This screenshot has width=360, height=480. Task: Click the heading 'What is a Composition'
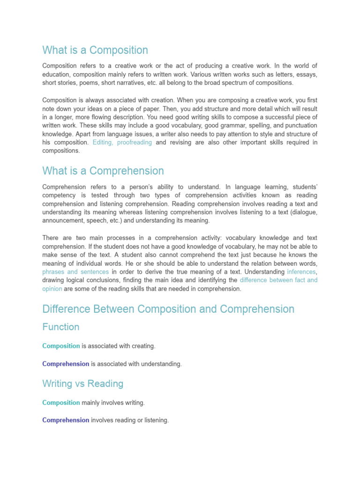click(95, 50)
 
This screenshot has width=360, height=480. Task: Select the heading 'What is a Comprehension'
click(103, 171)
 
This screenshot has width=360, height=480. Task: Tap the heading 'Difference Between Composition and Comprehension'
click(168, 309)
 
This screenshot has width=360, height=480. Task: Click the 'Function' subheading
click(60, 327)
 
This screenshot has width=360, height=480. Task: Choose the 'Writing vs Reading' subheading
click(82, 383)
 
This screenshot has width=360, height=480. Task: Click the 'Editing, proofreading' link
click(122, 142)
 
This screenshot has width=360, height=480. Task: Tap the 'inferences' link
click(302, 271)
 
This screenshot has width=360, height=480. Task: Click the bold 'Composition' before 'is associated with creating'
click(61, 346)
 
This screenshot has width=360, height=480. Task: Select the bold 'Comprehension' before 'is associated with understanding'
click(66, 364)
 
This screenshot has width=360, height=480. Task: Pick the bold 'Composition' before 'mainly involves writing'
click(61, 403)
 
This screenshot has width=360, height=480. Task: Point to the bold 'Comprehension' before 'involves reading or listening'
click(66, 420)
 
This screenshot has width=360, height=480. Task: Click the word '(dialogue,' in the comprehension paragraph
click(303, 212)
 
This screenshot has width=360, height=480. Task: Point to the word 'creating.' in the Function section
click(142, 346)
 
